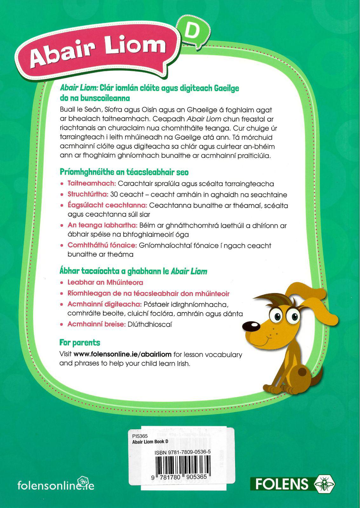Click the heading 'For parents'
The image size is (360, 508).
pyautogui.click(x=80, y=343)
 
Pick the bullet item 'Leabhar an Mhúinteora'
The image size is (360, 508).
pyautogui.click(x=105, y=282)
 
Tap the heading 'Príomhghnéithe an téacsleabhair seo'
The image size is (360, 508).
pyautogui.click(x=124, y=172)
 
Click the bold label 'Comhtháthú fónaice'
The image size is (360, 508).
pyautogui.click(x=102, y=245)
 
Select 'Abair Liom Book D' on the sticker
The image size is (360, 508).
pyautogui.click(x=150, y=442)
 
